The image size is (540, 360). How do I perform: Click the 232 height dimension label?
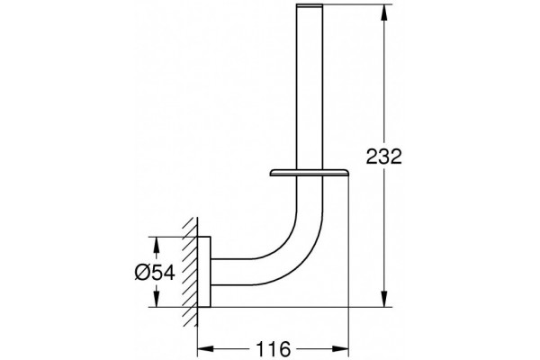383,157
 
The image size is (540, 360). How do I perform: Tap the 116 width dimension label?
273,349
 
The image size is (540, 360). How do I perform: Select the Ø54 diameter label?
155,272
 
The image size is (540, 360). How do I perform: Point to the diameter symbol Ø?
142,272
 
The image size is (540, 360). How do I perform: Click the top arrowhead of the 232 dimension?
384,12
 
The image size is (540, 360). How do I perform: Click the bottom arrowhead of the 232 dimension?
384,298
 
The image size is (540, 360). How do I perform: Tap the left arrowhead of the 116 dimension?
205,349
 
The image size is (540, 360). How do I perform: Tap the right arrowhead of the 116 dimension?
340,349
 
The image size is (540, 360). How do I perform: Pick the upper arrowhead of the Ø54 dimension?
156,245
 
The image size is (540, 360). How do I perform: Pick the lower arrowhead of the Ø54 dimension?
156,299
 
